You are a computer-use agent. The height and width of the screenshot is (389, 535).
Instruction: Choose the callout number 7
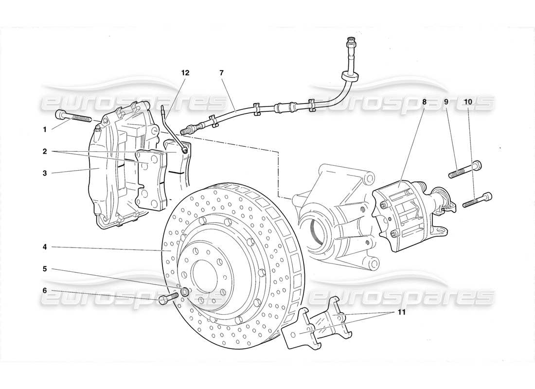coord(221,73)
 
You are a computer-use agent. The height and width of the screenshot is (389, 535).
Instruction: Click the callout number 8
coord(424,102)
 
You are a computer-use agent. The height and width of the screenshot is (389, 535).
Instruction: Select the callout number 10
coord(468,102)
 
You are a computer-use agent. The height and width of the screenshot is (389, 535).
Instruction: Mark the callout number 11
coord(400,312)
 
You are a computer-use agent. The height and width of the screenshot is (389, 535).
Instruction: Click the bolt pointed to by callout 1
coord(78,117)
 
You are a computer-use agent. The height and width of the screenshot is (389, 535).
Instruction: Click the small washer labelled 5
coord(186,292)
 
